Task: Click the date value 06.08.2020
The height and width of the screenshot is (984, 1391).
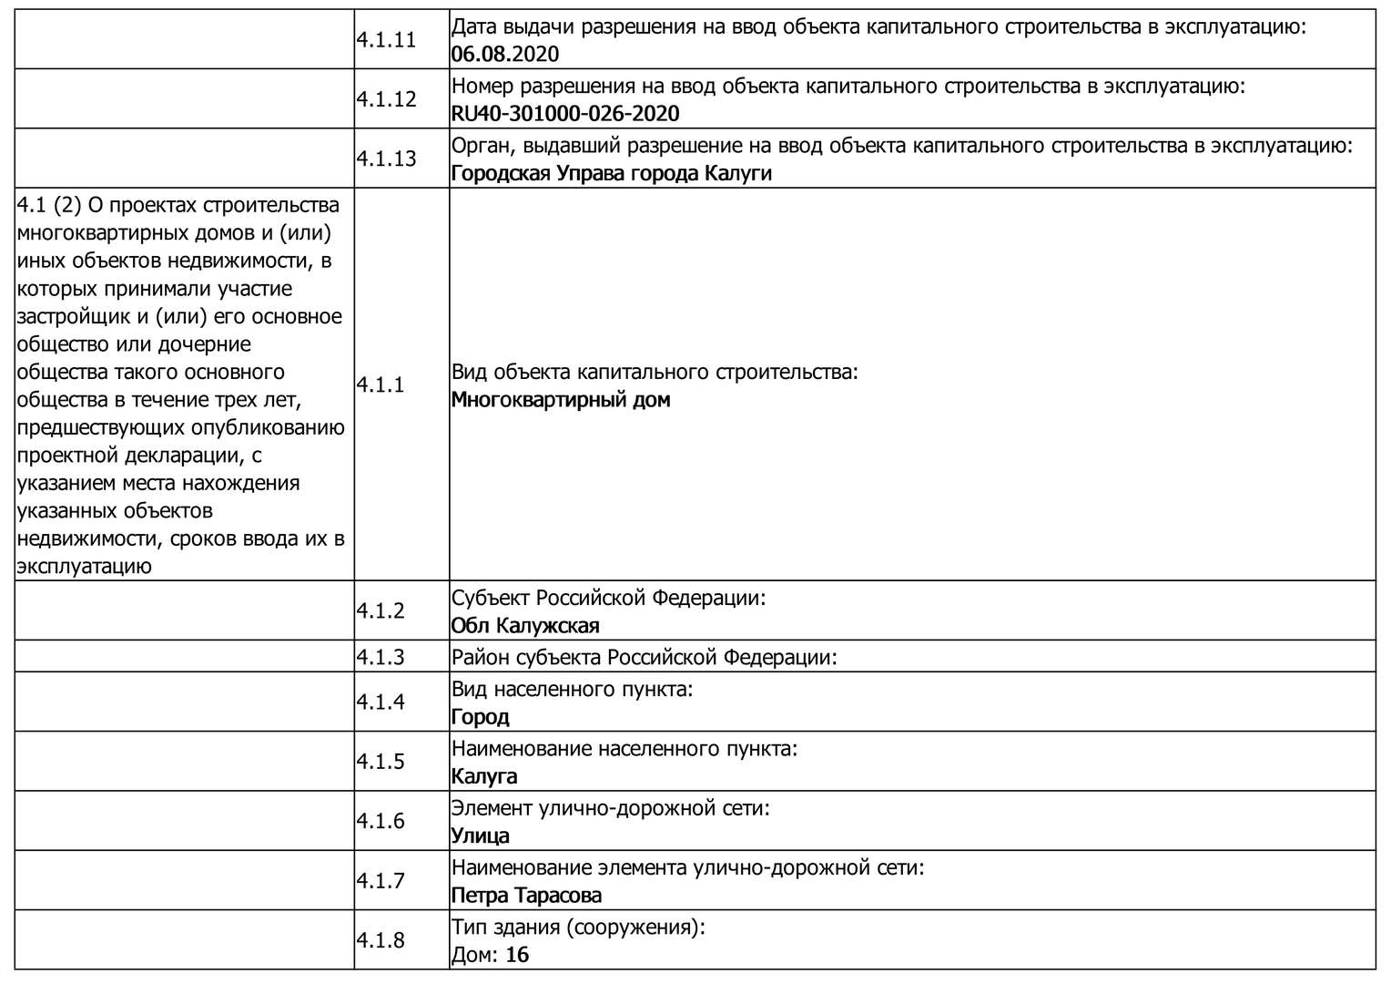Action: tap(504, 54)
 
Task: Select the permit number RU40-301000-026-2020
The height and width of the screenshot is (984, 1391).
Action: tap(564, 113)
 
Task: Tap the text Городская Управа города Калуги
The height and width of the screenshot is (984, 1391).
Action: tap(611, 173)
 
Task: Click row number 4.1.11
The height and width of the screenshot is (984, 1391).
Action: tap(386, 40)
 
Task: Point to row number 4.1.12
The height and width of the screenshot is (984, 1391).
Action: tap(386, 99)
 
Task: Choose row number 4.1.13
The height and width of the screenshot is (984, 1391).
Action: tap(386, 159)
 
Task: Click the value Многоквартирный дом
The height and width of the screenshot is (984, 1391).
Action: tap(560, 400)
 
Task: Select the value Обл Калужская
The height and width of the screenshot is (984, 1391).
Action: tap(525, 626)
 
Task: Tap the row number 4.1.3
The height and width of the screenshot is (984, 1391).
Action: tap(381, 657)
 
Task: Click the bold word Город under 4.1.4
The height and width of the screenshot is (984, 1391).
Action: tap(480, 717)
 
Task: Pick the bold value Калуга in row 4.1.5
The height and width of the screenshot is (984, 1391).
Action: tap(484, 776)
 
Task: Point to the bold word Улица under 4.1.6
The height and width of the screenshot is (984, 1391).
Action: tap(480, 835)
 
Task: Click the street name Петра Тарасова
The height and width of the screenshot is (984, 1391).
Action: tap(526, 896)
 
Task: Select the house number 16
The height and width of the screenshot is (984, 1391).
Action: tap(517, 955)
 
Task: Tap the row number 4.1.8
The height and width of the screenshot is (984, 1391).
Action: tap(381, 940)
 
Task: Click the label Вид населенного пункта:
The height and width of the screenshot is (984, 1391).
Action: tap(573, 689)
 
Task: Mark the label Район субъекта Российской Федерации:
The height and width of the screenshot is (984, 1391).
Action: tap(644, 657)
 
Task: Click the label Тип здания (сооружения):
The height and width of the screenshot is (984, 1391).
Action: tap(578, 928)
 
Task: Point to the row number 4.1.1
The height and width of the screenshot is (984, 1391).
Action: tap(381, 385)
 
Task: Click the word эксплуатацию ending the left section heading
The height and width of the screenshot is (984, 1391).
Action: tap(83, 566)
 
